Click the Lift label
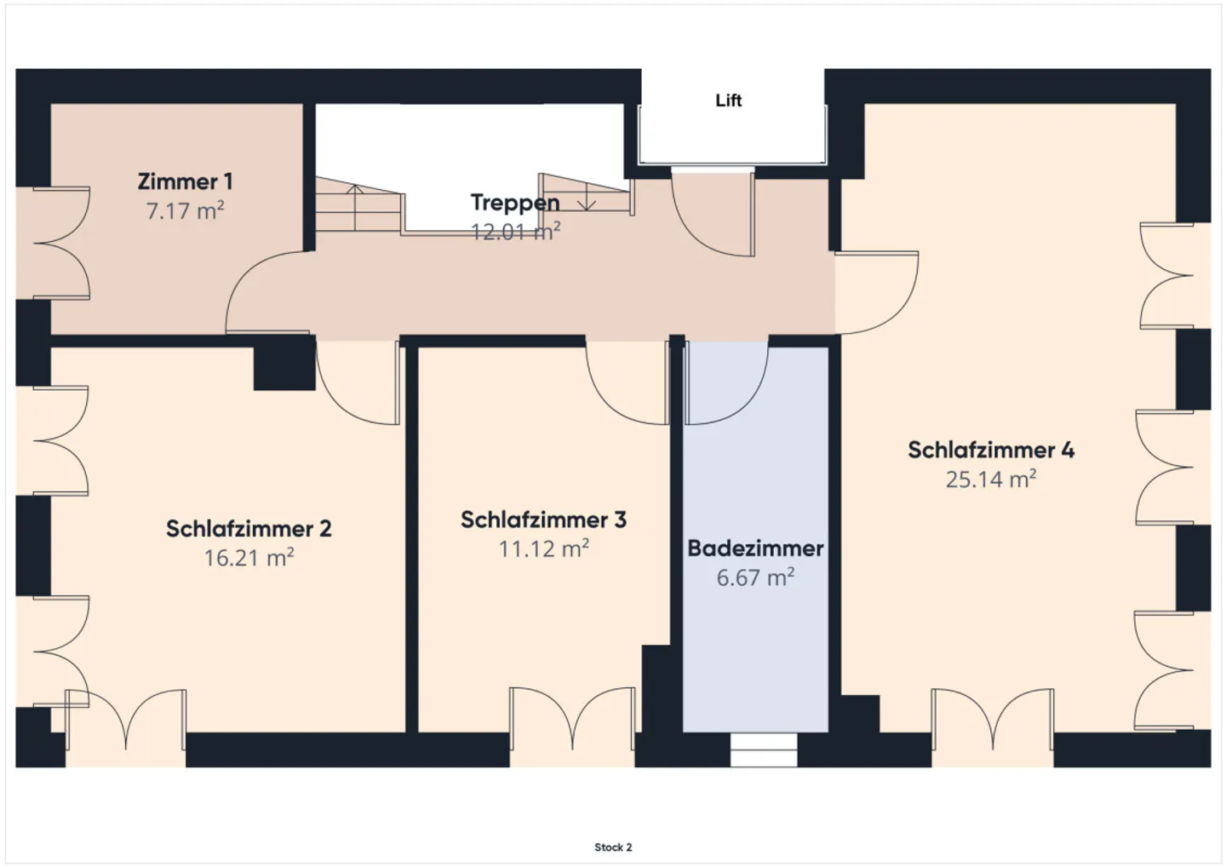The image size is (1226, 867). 729,100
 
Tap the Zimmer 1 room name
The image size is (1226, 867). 185,181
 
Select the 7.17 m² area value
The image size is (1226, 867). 185,210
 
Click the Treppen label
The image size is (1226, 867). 515,203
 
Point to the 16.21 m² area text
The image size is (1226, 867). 249,558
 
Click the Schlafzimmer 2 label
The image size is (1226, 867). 249,529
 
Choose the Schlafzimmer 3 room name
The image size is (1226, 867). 543,520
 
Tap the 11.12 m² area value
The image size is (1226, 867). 543,548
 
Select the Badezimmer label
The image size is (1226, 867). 755,548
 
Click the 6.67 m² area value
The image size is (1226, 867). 755,577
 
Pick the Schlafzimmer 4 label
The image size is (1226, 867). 991,451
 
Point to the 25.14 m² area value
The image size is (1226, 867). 991,479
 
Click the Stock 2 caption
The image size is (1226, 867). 613,847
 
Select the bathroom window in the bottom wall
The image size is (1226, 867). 764,749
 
